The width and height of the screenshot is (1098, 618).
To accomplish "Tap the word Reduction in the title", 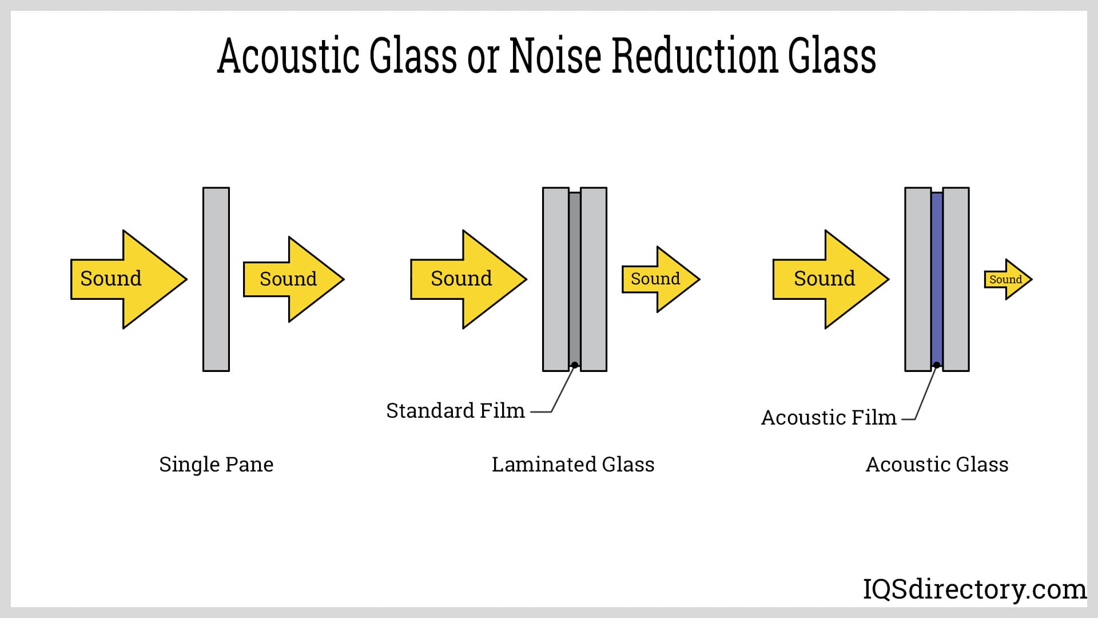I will tap(694, 56).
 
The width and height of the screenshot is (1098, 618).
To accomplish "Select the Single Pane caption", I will tap(216, 464).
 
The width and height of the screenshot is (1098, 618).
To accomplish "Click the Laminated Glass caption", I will tap(573, 464).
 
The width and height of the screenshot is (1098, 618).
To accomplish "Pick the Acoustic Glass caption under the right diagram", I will tap(937, 464).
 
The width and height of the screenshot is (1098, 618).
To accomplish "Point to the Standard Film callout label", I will tap(455, 410).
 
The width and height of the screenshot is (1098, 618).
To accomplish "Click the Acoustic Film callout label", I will tap(828, 417).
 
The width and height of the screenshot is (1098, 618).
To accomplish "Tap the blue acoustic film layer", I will tap(937, 275).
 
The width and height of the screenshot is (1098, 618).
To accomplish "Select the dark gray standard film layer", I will tap(575, 275).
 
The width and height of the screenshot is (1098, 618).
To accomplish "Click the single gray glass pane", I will tap(216, 279).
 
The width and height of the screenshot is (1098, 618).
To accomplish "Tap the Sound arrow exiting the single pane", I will tap(292, 279).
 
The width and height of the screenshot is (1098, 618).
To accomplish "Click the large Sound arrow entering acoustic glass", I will tap(830, 279).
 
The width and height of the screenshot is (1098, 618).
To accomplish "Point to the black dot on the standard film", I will tap(575, 365).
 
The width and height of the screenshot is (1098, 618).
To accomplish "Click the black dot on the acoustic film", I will tap(937, 365).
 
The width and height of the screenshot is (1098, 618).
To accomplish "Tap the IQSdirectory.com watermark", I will tap(974, 589).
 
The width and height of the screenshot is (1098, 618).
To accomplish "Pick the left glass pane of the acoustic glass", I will tap(918, 279).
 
